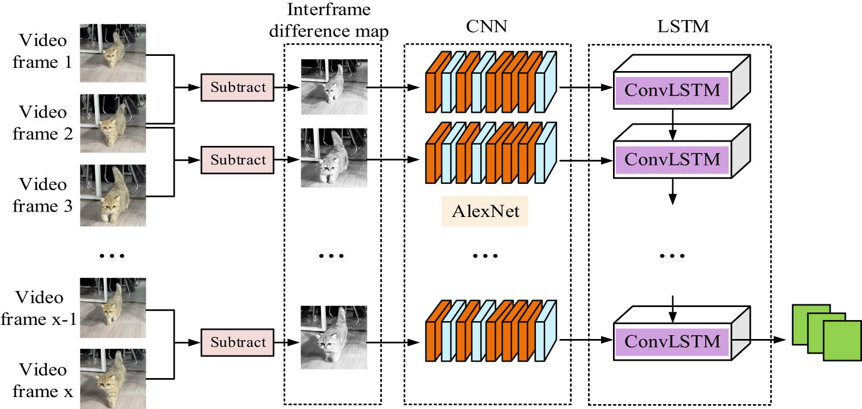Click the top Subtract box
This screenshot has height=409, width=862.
pyautogui.click(x=238, y=87)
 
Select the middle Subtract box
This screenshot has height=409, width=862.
pyautogui.click(x=238, y=160)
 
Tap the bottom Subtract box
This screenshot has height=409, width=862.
pyautogui.click(x=238, y=342)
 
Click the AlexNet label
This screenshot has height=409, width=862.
pyautogui.click(x=485, y=211)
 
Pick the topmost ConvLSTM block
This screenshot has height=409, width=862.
pyautogui.click(x=672, y=90)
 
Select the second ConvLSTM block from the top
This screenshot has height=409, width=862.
pyautogui.click(x=672, y=159)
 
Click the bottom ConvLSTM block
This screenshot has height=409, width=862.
pyautogui.click(x=672, y=342)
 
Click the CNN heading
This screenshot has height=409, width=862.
pyautogui.click(x=486, y=26)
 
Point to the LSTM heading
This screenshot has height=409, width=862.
pyautogui.click(x=682, y=26)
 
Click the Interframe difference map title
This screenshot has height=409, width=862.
pyautogui.click(x=329, y=21)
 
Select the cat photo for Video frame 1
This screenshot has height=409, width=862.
pyautogui.click(x=113, y=53)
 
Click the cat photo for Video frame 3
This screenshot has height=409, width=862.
pyautogui.click(x=113, y=195)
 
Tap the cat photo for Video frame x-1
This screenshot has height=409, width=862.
pyautogui.click(x=113, y=308)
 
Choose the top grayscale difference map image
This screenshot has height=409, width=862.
pyautogui.click(x=334, y=87)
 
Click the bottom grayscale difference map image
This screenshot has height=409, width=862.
pyautogui.click(x=334, y=337)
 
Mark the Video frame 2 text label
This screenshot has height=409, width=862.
pyautogui.click(x=42, y=123)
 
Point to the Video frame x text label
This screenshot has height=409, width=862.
pyautogui.click(x=42, y=380)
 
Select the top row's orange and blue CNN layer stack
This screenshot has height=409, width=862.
pyautogui.click(x=491, y=82)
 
